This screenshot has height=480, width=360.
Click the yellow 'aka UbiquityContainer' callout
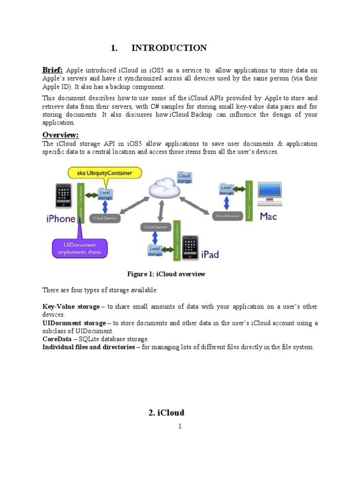pyautogui.click(x=105, y=173)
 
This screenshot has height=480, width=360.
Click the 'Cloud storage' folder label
pyautogui.click(x=184, y=179)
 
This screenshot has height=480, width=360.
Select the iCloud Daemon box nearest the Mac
pyautogui.click(x=227, y=216)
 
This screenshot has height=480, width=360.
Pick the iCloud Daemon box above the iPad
pyautogui.click(x=154, y=227)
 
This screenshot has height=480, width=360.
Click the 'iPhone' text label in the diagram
pyautogui.click(x=61, y=218)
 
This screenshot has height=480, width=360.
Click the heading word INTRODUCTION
pyautogui.click(x=169, y=48)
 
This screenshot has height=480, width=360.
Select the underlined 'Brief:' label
pyautogui.click(x=52, y=70)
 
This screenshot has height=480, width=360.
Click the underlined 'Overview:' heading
pyautogui.click(x=60, y=135)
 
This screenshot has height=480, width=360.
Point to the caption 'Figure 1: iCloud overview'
pyautogui.click(x=166, y=274)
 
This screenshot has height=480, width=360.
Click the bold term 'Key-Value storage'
pyautogui.click(x=71, y=307)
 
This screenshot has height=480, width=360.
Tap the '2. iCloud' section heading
pyautogui.click(x=166, y=412)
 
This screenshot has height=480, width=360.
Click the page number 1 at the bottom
pyautogui.click(x=180, y=427)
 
